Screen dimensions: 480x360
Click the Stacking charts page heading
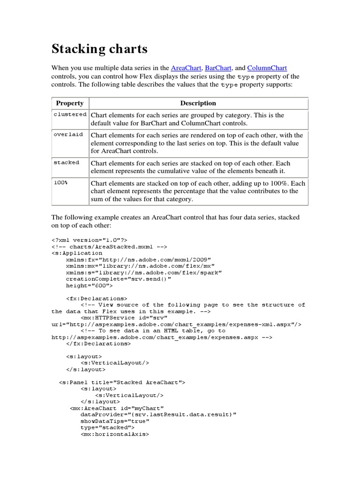(x=99, y=48)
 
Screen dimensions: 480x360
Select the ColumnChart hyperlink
(x=267, y=68)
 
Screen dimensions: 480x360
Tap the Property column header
(x=70, y=103)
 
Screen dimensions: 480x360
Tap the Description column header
(x=198, y=103)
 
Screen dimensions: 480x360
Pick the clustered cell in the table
(x=70, y=114)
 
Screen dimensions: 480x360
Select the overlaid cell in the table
(x=68, y=135)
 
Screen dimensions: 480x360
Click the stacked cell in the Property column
(x=67, y=163)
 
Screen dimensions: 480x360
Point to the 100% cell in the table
(x=60, y=182)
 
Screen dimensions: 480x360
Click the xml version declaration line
(x=89, y=240)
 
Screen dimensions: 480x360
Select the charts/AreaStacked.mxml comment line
(x=109, y=247)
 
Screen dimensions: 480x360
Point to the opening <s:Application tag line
(x=77, y=253)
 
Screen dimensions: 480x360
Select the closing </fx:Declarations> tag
(x=98, y=344)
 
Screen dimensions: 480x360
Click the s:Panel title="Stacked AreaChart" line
(x=122, y=382)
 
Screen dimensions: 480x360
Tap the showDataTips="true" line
(x=115, y=421)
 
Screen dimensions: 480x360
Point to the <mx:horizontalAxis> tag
(x=114, y=435)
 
